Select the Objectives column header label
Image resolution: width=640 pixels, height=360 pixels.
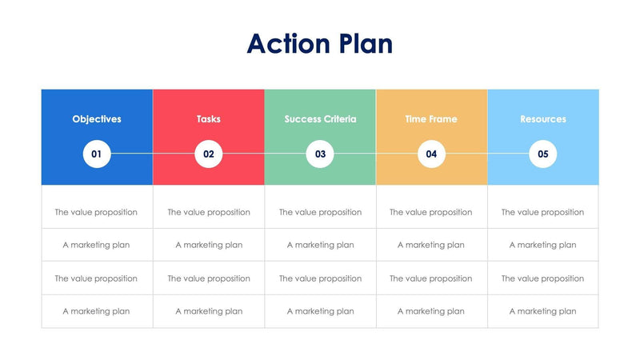click(x=97, y=119)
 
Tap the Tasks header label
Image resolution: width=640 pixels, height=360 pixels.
click(x=209, y=119)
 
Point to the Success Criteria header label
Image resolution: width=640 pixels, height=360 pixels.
click(x=320, y=119)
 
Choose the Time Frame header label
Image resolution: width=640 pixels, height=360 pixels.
click(x=431, y=119)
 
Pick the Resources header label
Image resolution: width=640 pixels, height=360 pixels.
click(x=543, y=119)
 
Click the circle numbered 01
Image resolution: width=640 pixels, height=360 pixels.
click(x=97, y=154)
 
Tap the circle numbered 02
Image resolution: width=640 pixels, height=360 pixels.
click(x=209, y=154)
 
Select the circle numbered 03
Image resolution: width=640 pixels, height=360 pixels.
click(x=320, y=154)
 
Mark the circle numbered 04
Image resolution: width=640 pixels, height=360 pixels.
click(x=431, y=154)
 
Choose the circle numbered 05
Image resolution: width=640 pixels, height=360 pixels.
click(x=543, y=154)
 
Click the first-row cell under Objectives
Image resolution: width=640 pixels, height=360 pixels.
click(x=97, y=212)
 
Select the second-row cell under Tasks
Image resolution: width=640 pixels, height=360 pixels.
click(x=209, y=245)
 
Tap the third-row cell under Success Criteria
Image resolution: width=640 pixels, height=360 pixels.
click(x=320, y=278)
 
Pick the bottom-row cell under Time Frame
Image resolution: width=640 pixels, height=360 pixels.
click(x=431, y=311)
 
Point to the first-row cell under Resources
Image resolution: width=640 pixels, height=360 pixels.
click(x=543, y=212)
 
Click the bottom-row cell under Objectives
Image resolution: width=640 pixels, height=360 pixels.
click(x=97, y=311)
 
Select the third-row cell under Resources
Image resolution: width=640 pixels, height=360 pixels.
click(x=543, y=278)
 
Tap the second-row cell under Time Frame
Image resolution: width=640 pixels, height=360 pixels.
click(x=431, y=245)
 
